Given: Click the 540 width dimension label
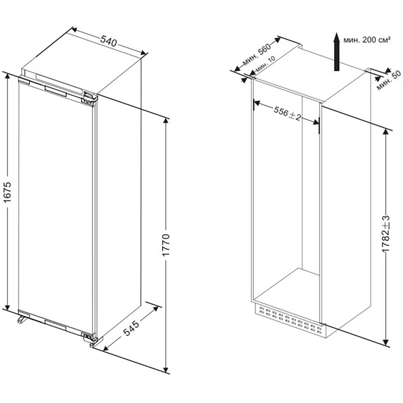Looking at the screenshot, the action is (108, 41).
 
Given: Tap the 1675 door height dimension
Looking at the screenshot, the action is (8, 191).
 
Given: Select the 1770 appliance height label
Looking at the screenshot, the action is (166, 245).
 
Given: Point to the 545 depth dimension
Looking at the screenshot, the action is (131, 328).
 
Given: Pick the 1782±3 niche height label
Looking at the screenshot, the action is (386, 234).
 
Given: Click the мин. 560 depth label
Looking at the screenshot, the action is (257, 55).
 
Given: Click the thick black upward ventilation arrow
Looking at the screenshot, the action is (337, 52).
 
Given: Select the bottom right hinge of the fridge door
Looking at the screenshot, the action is (89, 337).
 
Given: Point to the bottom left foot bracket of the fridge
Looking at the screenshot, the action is (22, 319).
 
